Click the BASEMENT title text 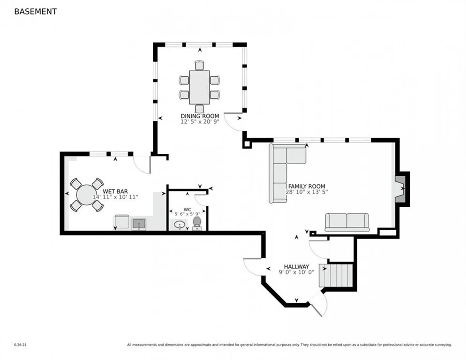pos(35,12)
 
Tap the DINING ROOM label pos(200,116)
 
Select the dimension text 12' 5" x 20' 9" pos(200,121)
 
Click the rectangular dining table pos(199,87)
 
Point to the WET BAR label pos(115,191)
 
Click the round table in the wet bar pos(86,195)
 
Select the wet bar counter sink pos(139,224)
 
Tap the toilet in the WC pos(197,223)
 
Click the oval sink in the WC pos(180,225)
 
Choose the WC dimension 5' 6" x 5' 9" pos(187,214)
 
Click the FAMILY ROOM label pos(307,187)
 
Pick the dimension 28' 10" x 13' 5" pos(307,192)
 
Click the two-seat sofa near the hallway pos(347,222)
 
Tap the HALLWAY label pos(296,267)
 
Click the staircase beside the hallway pos(336,275)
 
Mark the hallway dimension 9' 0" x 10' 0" pos(296,272)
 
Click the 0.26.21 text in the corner pos(20,345)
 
